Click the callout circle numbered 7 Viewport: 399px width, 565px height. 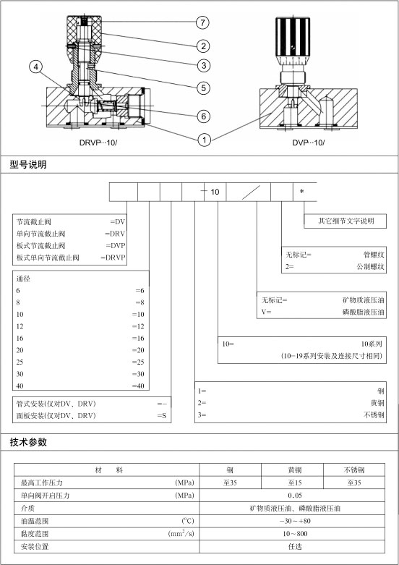pyautogui.click(x=202, y=22)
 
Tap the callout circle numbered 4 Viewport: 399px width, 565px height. pyautogui.click(x=35, y=67)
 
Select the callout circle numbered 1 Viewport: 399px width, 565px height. pyautogui.click(x=205, y=140)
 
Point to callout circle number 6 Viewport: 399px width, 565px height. pyautogui.click(x=204, y=116)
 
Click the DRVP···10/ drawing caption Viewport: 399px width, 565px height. pyautogui.click(x=98, y=143)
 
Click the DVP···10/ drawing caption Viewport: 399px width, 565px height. pyautogui.click(x=308, y=143)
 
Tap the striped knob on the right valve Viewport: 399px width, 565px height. pyautogui.click(x=293, y=36)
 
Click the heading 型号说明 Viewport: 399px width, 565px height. pyautogui.click(x=28, y=165)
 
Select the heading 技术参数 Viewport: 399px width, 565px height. pyautogui.click(x=28, y=442)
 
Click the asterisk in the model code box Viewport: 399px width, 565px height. pyautogui.click(x=301, y=191)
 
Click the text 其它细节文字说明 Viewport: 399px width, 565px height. pyautogui.click(x=346, y=221)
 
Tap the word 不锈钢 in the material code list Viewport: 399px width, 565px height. pyautogui.click(x=374, y=415)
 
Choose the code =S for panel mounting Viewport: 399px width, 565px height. pyautogui.click(x=162, y=415)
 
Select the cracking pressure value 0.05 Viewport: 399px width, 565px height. pyautogui.click(x=295, y=496)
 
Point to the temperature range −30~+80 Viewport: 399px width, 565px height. pyautogui.click(x=295, y=521)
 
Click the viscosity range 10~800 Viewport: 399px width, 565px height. pyautogui.click(x=295, y=534)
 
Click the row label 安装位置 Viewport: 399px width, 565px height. pyautogui.click(x=35, y=547)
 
